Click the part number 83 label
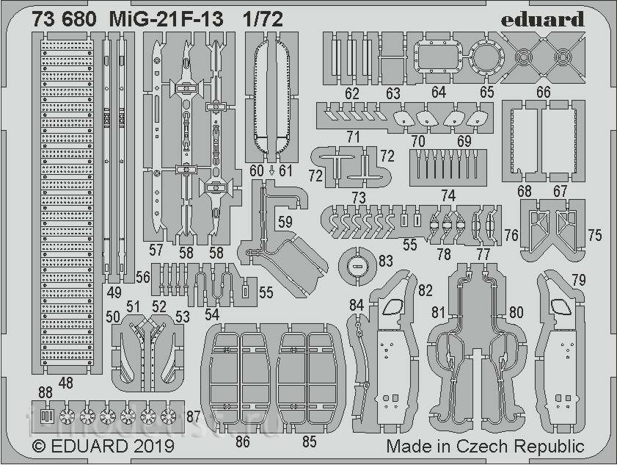pos(385,262)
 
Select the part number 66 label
pos(563,93)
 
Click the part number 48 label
pos(66,382)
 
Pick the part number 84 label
pos(357,305)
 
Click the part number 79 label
pos(578,280)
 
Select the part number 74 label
pos(448,196)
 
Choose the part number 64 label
pos(439,93)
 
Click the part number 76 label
pos(511,235)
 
